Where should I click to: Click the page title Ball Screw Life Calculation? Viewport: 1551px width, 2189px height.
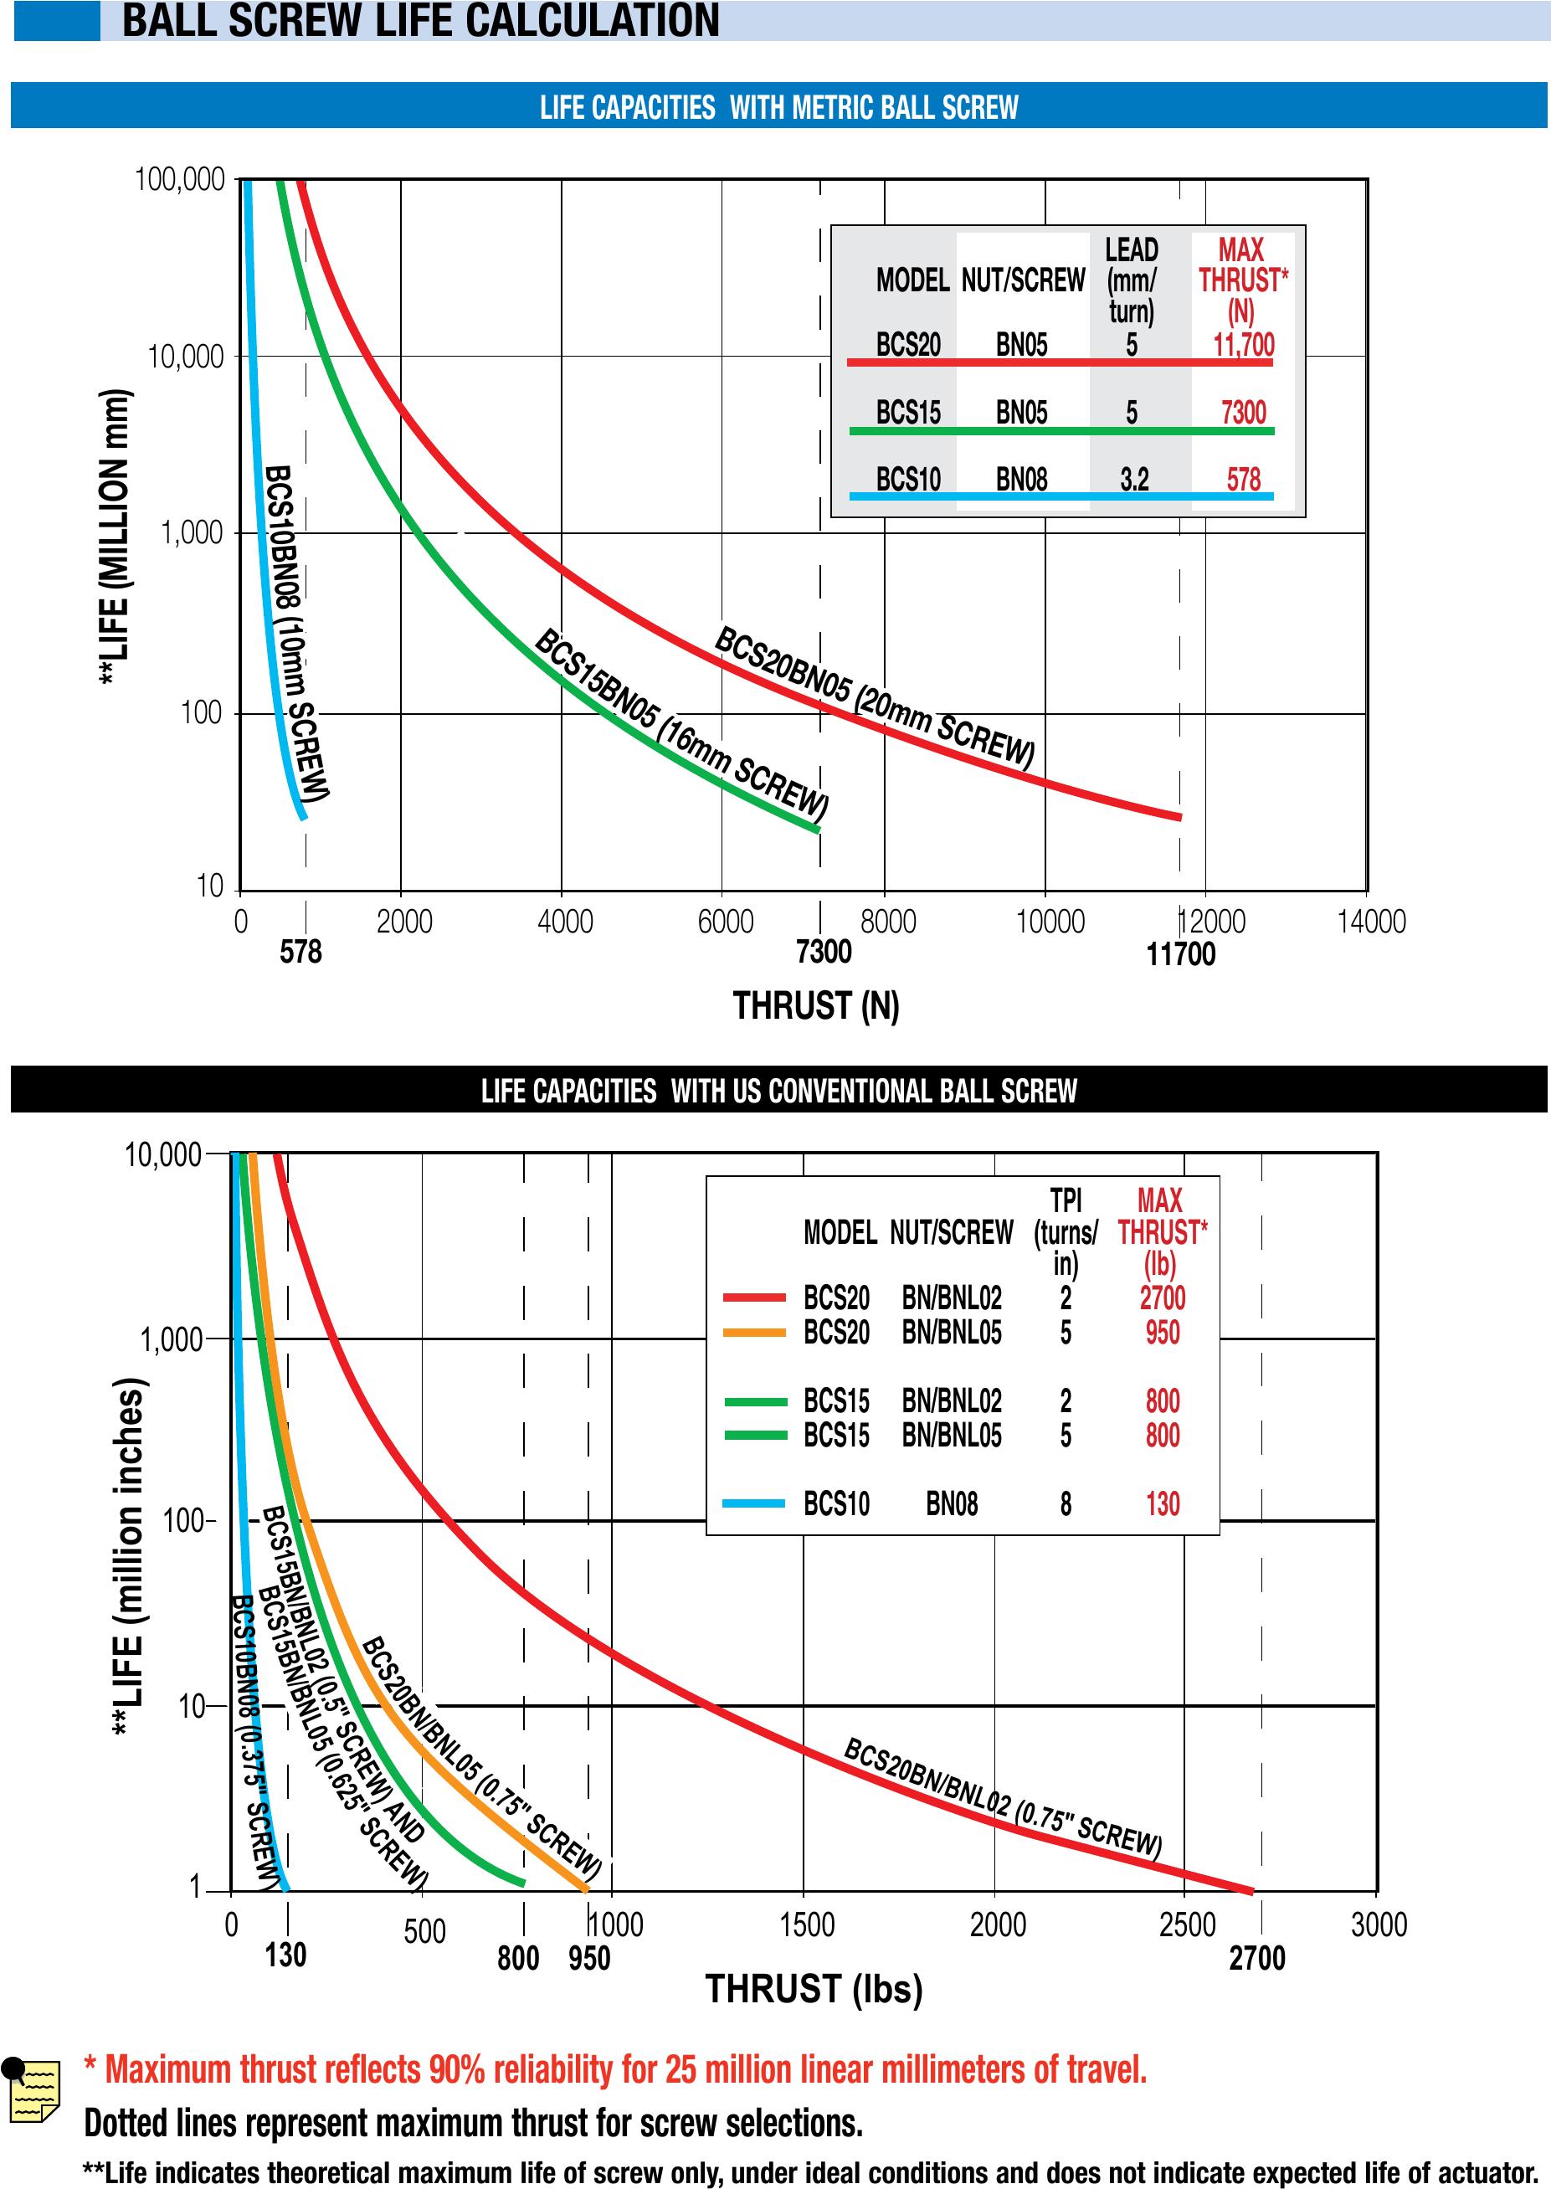420,21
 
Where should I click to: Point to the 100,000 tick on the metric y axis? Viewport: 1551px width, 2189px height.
180,179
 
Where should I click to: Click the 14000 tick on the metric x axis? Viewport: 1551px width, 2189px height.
1371,922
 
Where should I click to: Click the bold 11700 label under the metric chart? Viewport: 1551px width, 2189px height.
1180,954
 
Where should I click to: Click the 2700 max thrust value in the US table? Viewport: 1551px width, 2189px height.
1163,1298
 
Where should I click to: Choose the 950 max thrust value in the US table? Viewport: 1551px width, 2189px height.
1163,1333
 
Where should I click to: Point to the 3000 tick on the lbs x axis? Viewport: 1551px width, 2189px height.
1378,1924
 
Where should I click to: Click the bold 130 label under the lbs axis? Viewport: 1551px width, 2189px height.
285,1955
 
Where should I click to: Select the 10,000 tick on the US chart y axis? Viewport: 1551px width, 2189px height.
162,1156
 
